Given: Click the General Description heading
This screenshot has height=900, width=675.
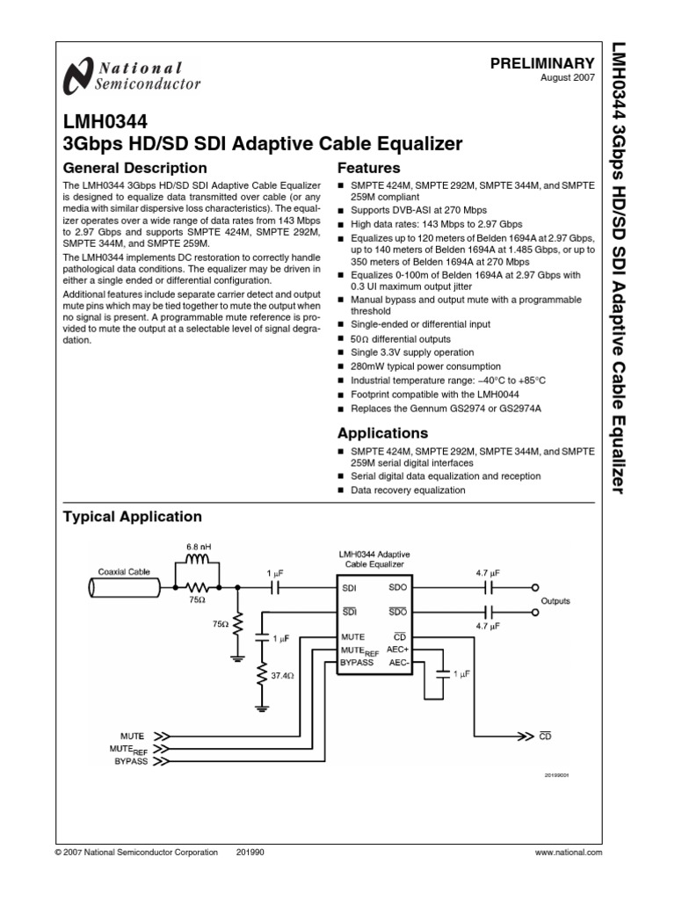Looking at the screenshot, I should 135,168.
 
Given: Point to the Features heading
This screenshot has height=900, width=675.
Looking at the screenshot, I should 369,168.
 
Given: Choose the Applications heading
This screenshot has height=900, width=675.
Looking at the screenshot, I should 384,433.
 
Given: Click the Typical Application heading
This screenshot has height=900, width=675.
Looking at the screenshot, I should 133,517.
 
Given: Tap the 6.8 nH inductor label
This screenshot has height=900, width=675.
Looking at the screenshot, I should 199,548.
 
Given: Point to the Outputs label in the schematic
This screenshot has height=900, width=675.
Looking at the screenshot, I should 555,601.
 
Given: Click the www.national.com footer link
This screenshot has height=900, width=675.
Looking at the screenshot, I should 569,853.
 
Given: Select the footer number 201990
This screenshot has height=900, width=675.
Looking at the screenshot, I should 250,853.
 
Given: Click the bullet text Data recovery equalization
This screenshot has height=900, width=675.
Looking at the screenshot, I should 408,490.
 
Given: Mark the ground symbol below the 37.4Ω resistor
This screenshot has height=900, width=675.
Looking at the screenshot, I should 261,706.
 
